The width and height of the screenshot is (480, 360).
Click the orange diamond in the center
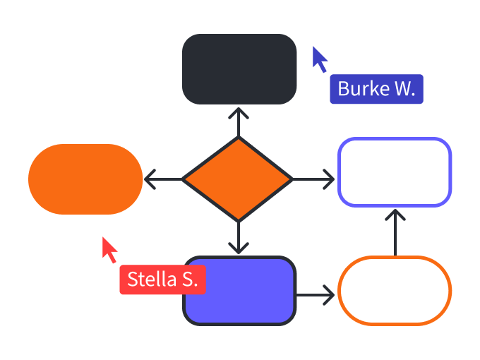(238, 179)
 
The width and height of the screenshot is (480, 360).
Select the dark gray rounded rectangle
(239, 68)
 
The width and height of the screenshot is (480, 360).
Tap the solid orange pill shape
(85, 179)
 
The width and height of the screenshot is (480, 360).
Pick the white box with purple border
(395, 172)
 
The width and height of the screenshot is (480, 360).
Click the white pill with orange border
(395, 291)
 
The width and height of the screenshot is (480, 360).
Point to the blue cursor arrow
(320, 59)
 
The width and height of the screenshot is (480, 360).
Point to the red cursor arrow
(109, 249)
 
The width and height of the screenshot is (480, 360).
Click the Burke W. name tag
(376, 89)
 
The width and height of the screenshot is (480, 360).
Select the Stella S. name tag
(162, 280)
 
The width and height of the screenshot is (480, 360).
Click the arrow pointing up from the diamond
(239, 121)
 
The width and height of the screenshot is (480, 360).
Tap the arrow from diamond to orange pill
(162, 179)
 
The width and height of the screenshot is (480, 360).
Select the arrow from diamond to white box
(314, 179)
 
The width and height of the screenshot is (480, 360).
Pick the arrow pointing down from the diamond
(239, 237)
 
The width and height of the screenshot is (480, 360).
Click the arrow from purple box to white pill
(316, 294)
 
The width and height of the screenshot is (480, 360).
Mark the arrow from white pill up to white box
(395, 232)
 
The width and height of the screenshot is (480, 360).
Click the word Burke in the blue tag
(363, 89)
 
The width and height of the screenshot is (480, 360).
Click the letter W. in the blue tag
(404, 89)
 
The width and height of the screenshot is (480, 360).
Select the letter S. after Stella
(190, 280)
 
